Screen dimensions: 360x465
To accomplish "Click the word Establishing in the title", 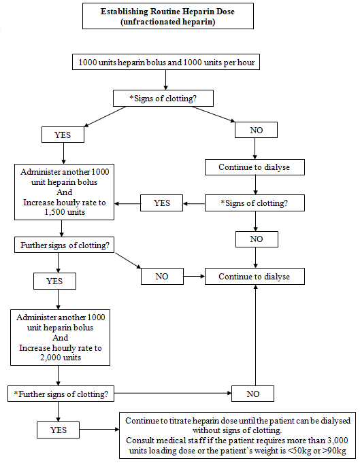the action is pyautogui.click(x=124, y=12).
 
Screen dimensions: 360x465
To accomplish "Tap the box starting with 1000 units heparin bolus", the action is pyautogui.click(x=166, y=62).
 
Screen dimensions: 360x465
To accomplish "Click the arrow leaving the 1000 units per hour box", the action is pyautogui.click(x=165, y=80).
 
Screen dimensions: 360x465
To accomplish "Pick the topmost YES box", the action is pyautogui.click(x=63, y=135).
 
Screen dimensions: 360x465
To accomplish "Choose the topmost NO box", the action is pyautogui.click(x=256, y=130).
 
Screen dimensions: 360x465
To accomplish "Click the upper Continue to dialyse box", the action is pyautogui.click(x=255, y=167).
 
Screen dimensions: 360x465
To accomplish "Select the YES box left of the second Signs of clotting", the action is pyautogui.click(x=161, y=203).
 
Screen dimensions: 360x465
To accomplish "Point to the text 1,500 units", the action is pyautogui.click(x=65, y=212).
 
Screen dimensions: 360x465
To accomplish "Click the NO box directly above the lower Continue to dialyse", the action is pyautogui.click(x=257, y=239).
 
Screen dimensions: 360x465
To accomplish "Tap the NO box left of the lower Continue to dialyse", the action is pyautogui.click(x=162, y=277).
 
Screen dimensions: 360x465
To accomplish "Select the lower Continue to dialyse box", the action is pyautogui.click(x=255, y=277).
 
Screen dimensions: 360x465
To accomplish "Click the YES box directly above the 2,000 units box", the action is pyautogui.click(x=54, y=281).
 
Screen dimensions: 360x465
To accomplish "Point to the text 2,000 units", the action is pyautogui.click(x=61, y=358).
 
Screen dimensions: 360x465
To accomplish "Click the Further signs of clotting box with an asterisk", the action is pyautogui.click(x=61, y=394).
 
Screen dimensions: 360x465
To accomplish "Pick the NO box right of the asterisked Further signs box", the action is pyautogui.click(x=252, y=394).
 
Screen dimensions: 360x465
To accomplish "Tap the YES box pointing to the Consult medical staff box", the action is pyautogui.click(x=58, y=430).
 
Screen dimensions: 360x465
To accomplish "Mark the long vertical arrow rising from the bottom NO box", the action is pyautogui.click(x=255, y=335).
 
